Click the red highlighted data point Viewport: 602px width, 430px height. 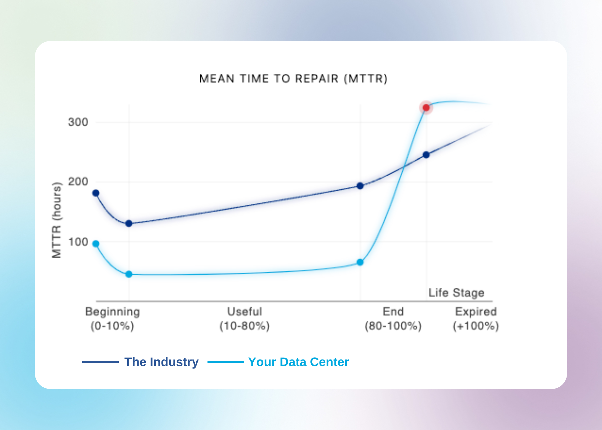click(426, 108)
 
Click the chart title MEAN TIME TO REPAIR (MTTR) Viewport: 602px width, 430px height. click(293, 78)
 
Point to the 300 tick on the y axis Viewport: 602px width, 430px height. click(78, 122)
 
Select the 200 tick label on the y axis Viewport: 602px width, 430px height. click(78, 182)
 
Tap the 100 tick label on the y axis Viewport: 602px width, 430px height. click(78, 242)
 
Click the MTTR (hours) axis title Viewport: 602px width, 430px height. click(57, 220)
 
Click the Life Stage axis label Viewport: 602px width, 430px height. click(456, 293)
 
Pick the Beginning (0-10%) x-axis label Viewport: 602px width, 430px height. click(112, 318)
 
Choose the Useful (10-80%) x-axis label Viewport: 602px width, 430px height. click(245, 318)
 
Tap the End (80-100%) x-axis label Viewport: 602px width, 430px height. click(393, 318)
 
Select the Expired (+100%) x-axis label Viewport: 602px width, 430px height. click(476, 318)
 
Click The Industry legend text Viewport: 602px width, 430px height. click(161, 362)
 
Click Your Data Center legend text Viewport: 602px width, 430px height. click(298, 362)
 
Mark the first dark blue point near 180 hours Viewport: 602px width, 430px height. click(96, 193)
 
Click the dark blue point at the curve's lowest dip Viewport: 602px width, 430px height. click(129, 223)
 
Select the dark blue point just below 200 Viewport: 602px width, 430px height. click(360, 186)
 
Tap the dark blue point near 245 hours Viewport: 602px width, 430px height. click(426, 155)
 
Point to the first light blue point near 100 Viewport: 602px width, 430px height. click(96, 244)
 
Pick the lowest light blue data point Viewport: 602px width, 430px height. click(129, 274)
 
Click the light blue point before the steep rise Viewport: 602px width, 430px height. click(360, 262)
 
